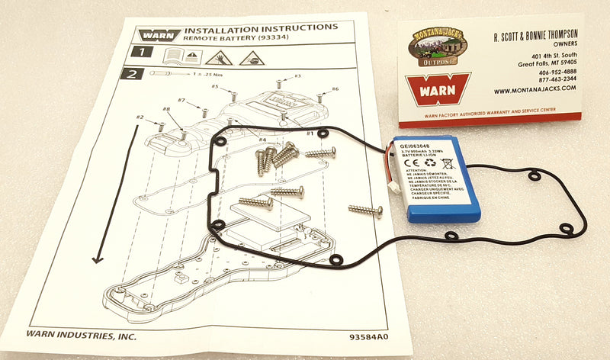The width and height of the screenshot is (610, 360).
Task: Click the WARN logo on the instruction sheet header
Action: point(159,34)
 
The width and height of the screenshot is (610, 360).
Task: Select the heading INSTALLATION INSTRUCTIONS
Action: point(261,28)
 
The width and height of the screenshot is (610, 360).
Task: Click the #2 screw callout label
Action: point(140,117)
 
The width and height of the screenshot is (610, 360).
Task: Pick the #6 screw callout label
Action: point(335,89)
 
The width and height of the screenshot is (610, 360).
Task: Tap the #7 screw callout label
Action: point(181,101)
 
